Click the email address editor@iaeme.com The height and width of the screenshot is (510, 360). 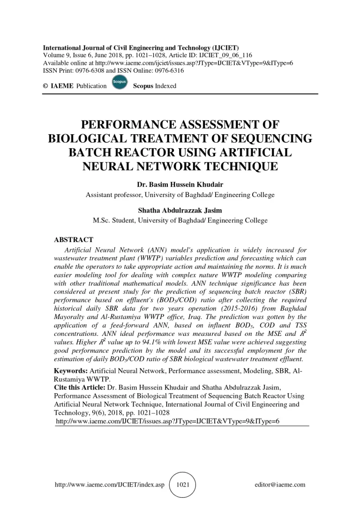(280, 485)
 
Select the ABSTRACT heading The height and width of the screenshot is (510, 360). (74, 240)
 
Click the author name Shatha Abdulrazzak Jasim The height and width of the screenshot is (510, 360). (180, 211)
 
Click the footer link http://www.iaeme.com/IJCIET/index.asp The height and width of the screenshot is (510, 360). (110, 485)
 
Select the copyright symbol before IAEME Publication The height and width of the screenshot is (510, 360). (45, 86)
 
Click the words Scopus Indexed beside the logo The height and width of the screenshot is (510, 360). (155, 86)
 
